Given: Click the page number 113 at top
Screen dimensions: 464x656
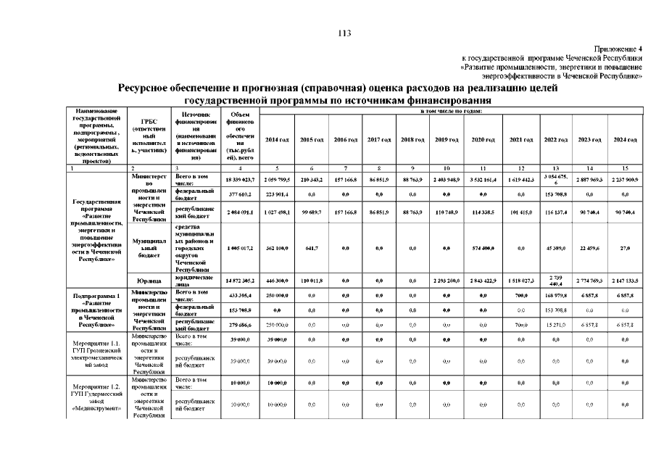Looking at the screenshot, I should (x=344, y=33).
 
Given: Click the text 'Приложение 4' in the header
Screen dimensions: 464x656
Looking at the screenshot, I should (x=618, y=47).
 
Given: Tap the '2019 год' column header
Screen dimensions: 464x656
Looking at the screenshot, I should (x=445, y=139).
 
